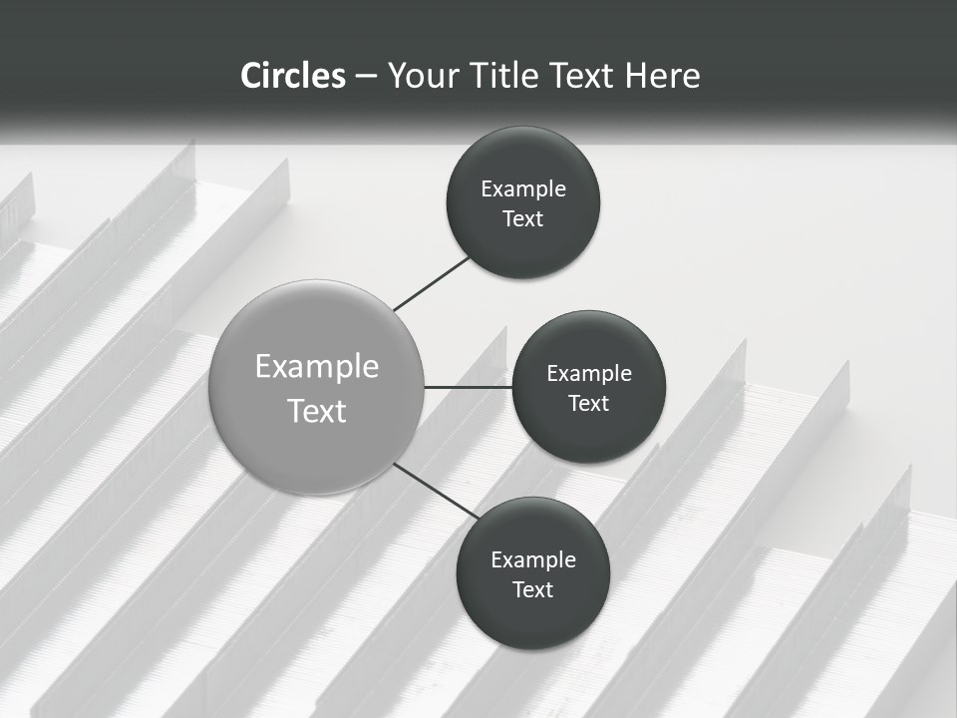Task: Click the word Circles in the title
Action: pos(293,76)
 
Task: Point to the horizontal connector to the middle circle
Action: pos(468,387)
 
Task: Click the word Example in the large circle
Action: pos(317,367)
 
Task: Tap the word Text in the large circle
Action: pos(317,411)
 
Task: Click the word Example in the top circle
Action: pos(523,189)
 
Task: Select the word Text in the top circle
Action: pos(522,219)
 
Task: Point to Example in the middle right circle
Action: pos(589,374)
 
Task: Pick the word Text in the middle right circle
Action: pos(588,404)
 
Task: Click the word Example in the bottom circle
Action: pos(533,560)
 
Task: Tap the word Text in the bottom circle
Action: pos(532,590)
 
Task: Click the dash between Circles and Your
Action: pos(366,76)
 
